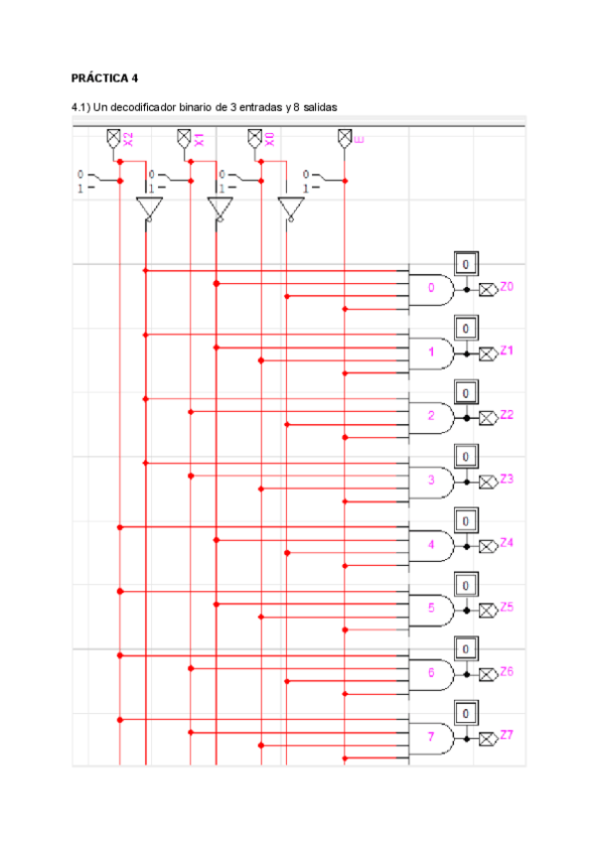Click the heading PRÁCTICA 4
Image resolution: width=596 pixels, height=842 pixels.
[x=109, y=77]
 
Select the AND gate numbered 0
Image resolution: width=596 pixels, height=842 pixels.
[x=432, y=289]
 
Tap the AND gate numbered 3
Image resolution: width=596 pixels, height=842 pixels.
[x=432, y=481]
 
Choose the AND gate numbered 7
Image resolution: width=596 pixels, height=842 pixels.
[x=432, y=737]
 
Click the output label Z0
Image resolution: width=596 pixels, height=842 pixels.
[x=507, y=287]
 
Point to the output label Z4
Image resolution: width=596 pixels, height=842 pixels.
[x=507, y=542]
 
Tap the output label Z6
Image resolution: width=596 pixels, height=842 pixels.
[x=507, y=671]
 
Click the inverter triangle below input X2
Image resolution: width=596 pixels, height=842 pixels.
[x=147, y=209]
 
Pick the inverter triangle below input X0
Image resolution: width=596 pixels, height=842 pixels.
[x=290, y=209]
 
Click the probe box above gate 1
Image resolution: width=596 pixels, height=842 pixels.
[x=466, y=328]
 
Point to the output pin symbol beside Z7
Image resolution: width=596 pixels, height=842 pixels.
[x=488, y=739]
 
